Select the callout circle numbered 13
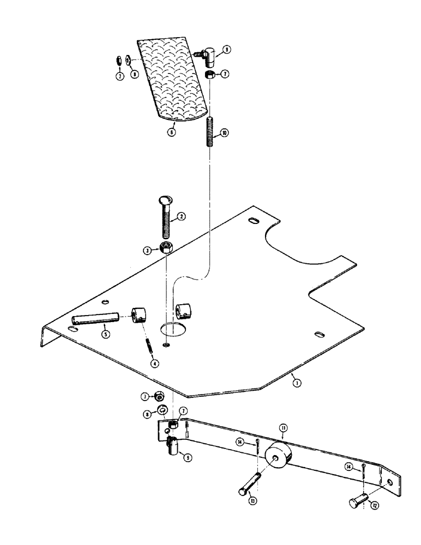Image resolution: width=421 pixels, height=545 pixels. click(x=252, y=500)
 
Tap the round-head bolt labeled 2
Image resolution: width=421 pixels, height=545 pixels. click(x=165, y=215)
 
